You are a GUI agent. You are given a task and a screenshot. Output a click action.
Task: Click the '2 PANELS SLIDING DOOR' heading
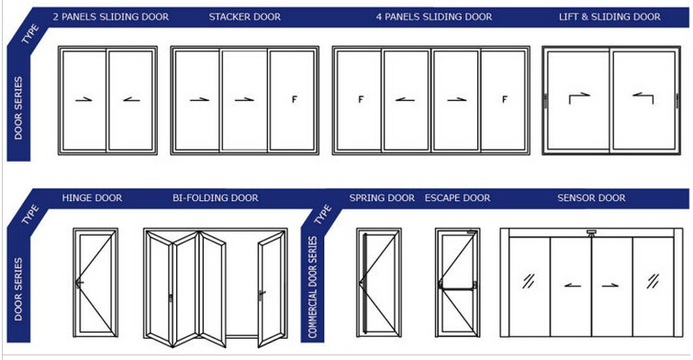[110, 17]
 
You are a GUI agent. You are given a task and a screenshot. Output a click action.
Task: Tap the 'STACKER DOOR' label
[244, 17]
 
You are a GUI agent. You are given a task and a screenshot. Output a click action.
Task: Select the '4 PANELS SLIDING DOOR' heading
[434, 17]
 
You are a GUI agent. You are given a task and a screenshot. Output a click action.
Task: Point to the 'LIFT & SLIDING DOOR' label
[609, 17]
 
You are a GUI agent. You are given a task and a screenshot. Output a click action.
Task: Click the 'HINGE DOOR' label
[92, 197]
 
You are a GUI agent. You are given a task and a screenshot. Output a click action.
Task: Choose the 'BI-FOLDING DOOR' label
[215, 197]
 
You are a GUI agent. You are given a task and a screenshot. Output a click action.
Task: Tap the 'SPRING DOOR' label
[382, 197]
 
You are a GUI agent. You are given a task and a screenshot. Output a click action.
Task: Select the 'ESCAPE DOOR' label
[457, 197]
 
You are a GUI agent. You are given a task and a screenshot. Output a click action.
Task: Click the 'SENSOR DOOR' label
[591, 197]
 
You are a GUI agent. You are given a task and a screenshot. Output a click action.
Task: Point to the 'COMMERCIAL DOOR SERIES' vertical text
[312, 287]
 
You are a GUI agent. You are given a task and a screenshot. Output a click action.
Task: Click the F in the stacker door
[295, 99]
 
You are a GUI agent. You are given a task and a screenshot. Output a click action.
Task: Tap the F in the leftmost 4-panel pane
[361, 99]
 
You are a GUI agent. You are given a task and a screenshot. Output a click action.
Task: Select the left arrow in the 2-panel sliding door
[131, 99]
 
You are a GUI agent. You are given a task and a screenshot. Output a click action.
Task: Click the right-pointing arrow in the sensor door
[609, 286]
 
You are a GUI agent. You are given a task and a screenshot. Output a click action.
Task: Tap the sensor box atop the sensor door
[591, 232]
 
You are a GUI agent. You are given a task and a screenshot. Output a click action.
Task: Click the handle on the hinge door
[80, 284]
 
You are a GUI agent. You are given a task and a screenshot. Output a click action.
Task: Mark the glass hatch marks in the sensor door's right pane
[653, 281]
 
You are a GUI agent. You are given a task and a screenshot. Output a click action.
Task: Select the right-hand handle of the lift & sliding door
[676, 101]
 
